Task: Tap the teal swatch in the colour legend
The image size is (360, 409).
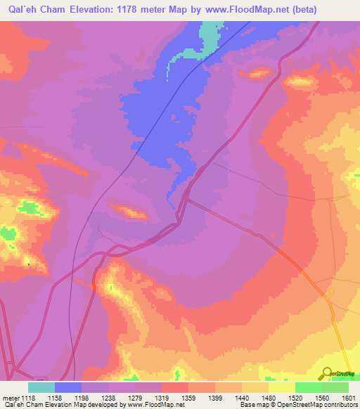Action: pos(41,387)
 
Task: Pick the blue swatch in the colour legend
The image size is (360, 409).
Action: pos(68,387)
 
